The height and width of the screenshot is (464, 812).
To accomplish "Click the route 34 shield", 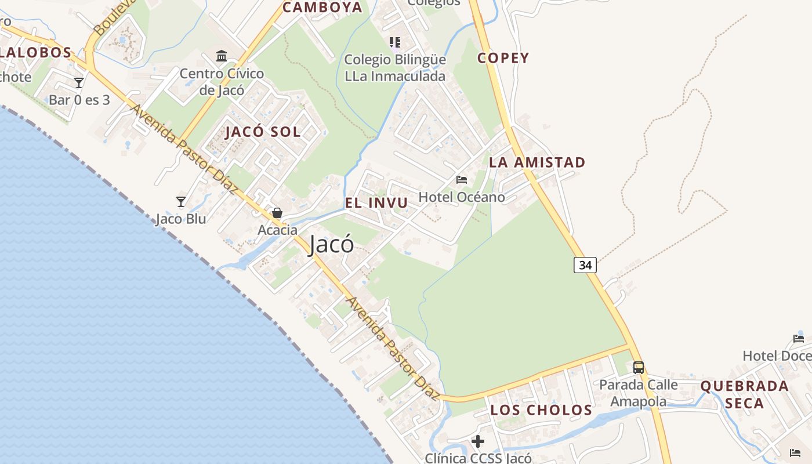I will click(x=585, y=265).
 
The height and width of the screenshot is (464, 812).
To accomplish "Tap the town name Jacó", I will click(x=331, y=244).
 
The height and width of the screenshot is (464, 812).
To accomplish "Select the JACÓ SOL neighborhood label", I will click(x=263, y=132).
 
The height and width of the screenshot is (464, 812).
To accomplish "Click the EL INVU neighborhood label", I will click(x=376, y=203).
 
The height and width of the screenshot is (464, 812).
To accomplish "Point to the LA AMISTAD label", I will click(x=537, y=162).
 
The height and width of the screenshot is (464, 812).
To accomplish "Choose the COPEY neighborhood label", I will click(x=503, y=58).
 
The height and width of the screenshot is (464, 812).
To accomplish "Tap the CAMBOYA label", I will click(x=322, y=8).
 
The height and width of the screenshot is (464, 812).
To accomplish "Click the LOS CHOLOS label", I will click(x=541, y=410).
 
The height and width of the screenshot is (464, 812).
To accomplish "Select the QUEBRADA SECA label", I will click(x=745, y=394).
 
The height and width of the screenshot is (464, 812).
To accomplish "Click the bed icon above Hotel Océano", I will click(x=462, y=180).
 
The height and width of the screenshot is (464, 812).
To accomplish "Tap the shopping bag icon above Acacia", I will click(x=277, y=213).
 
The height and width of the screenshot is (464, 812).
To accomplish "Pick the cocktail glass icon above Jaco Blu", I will click(x=181, y=202).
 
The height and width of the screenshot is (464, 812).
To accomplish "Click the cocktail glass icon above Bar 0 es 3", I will click(x=79, y=83).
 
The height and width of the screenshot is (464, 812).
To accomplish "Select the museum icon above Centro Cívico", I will click(x=222, y=56).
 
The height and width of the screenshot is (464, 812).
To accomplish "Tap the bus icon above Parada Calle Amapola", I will click(x=639, y=367).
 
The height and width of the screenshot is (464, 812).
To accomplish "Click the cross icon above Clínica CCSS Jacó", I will click(x=478, y=442).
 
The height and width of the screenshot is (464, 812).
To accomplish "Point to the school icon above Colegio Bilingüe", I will click(x=395, y=42).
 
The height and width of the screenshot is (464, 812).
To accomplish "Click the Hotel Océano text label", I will click(x=462, y=197).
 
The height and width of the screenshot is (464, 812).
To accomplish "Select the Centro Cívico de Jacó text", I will click(x=222, y=82).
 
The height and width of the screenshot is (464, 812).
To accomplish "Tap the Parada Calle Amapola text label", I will click(x=639, y=393).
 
